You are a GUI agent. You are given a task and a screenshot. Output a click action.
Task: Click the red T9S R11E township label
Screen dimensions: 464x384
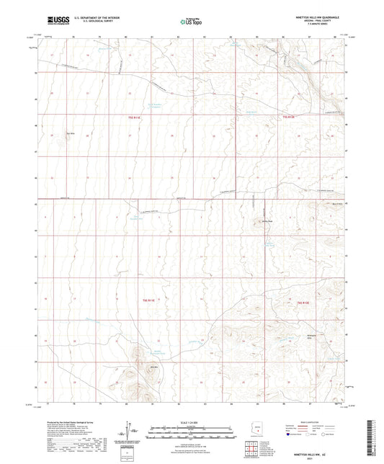tap(133, 116)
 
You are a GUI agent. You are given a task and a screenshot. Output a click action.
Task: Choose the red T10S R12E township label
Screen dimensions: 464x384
tap(303, 302)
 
